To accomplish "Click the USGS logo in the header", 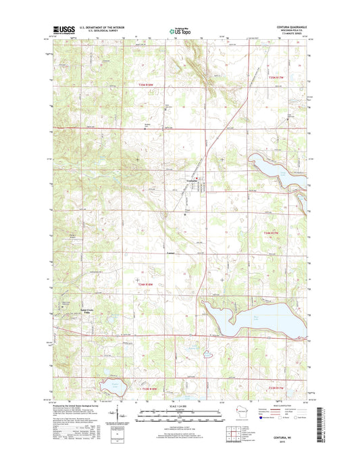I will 62,30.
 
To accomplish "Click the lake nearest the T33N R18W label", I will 111,388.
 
